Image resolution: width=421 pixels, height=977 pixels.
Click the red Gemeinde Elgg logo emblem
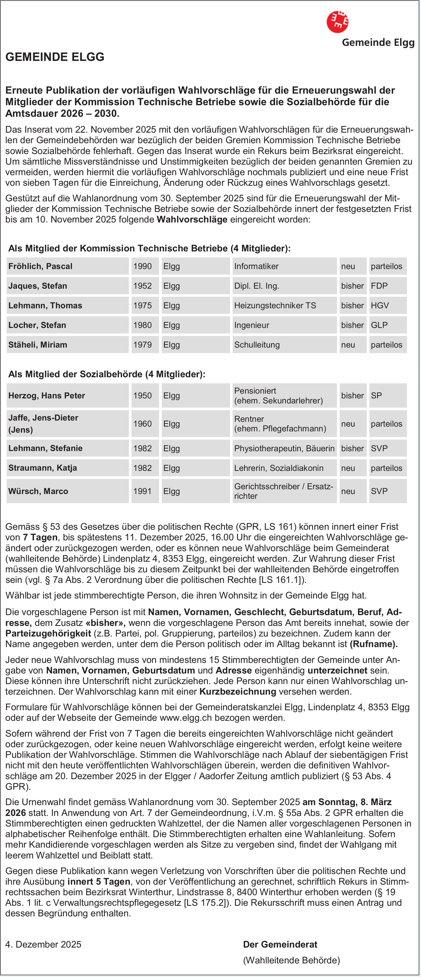click(337, 22)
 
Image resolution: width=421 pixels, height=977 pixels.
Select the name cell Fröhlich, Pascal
click(40, 266)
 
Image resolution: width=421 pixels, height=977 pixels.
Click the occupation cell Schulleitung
click(257, 345)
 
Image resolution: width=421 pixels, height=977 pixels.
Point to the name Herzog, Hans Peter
click(47, 396)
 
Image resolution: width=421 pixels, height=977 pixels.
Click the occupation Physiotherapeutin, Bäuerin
click(284, 448)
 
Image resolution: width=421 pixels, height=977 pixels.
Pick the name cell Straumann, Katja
click(43, 468)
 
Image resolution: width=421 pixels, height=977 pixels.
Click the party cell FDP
click(379, 286)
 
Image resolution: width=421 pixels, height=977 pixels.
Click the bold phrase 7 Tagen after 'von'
click(40, 537)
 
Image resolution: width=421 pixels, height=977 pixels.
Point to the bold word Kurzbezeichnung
click(238, 691)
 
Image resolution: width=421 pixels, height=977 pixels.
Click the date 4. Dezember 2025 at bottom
click(43, 944)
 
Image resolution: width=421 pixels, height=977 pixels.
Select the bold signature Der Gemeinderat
click(280, 944)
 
